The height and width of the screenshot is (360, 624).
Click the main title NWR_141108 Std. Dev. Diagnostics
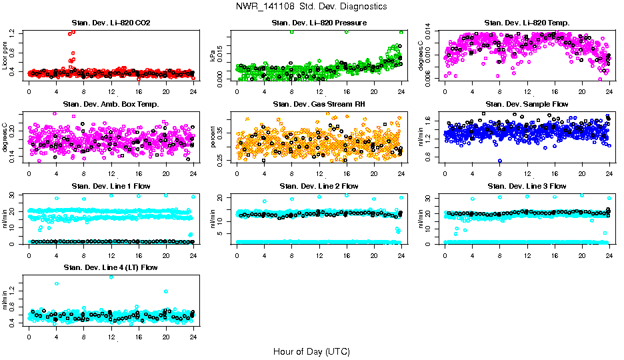click(311, 7)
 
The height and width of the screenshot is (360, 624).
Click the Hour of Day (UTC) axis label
click(311, 351)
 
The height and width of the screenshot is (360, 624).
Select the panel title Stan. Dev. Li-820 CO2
click(111, 23)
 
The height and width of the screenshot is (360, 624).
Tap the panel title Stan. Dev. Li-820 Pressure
click(319, 23)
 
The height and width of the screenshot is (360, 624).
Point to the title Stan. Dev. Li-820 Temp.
click(527, 23)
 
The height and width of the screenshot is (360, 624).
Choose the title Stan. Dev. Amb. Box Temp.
click(111, 105)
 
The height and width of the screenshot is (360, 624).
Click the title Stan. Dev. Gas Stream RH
click(319, 105)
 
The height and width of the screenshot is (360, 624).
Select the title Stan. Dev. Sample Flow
click(527, 105)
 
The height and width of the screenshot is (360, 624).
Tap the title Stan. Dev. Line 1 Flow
click(111, 186)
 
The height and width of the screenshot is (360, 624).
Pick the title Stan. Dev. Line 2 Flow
click(319, 186)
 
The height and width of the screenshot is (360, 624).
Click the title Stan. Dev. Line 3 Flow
click(527, 186)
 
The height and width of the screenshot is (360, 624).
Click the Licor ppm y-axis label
click(5, 55)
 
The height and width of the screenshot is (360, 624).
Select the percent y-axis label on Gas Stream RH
click(213, 137)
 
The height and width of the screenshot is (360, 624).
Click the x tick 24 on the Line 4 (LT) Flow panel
click(193, 335)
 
